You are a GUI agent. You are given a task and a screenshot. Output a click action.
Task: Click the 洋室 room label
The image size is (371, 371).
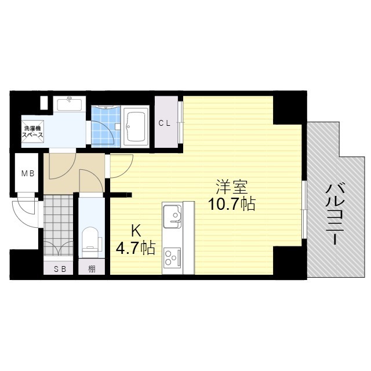tap(232, 187)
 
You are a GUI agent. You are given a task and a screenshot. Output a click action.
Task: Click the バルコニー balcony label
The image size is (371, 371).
tap(334, 214)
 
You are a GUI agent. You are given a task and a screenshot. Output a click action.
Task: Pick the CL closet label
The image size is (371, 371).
tap(165, 123)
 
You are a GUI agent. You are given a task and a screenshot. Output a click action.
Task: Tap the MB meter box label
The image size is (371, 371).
tap(27, 173)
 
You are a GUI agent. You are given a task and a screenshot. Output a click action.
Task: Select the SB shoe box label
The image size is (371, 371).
tap(60, 269)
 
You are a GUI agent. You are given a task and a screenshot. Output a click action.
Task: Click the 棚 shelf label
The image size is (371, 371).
tap(92, 269)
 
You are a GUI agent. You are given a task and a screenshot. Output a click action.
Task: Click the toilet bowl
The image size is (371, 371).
tap(90, 239)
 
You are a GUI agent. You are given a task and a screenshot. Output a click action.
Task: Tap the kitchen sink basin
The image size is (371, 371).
tap(172, 215)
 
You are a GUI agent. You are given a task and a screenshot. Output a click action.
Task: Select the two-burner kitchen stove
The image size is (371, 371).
tap(172, 256)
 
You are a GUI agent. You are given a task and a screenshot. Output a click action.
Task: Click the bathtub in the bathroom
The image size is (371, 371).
tap(137, 125)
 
